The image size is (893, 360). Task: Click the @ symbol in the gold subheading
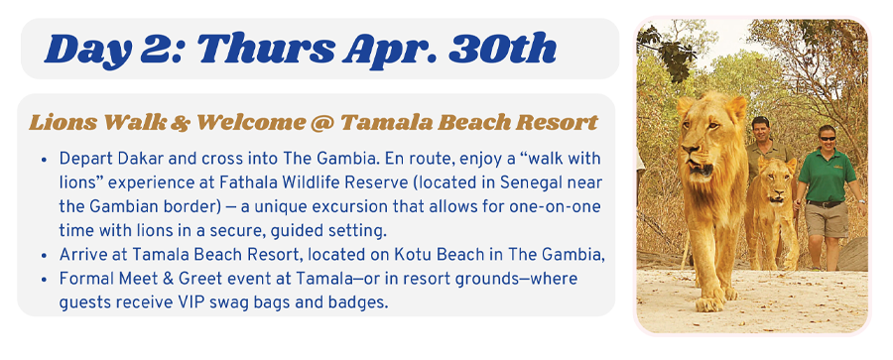point(324,122)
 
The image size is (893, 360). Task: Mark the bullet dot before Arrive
point(44,255)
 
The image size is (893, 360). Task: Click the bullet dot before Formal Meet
point(44,280)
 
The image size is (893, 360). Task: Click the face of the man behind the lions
point(760,131)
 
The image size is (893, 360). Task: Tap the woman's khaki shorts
point(827,219)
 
